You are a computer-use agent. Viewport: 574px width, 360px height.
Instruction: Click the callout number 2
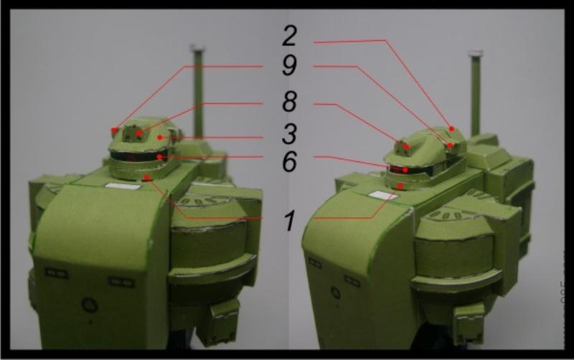pyautogui.click(x=289, y=36)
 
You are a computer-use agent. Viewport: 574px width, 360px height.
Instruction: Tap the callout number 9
pyautogui.click(x=289, y=66)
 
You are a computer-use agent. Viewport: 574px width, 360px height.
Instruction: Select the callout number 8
pyautogui.click(x=289, y=101)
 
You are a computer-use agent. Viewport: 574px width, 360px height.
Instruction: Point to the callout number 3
pyautogui.click(x=289, y=134)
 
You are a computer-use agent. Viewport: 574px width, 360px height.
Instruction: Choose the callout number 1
pyautogui.click(x=290, y=220)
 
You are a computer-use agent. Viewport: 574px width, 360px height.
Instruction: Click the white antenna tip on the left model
pyautogui.click(x=197, y=47)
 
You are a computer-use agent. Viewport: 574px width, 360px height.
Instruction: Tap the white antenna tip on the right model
pyautogui.click(x=476, y=55)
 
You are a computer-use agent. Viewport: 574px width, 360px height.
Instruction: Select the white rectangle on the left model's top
pyautogui.click(x=123, y=186)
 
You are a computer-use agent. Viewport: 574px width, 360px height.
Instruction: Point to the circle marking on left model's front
pyautogui.click(x=89, y=304)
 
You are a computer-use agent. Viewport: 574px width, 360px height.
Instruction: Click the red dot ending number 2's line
pyautogui.click(x=452, y=129)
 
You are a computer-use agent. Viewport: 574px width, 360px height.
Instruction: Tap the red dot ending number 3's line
pyautogui.click(x=159, y=138)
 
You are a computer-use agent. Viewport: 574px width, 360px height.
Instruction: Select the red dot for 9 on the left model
pyautogui.click(x=115, y=131)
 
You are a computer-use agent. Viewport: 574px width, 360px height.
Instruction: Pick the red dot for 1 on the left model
pyautogui.click(x=147, y=177)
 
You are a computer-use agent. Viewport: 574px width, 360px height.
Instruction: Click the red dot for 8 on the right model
pyautogui.click(x=406, y=147)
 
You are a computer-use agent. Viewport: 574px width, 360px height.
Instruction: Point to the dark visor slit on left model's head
pyautogui.click(x=139, y=156)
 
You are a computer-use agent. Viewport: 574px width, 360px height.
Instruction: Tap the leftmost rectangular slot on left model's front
pyautogui.click(x=56, y=273)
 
